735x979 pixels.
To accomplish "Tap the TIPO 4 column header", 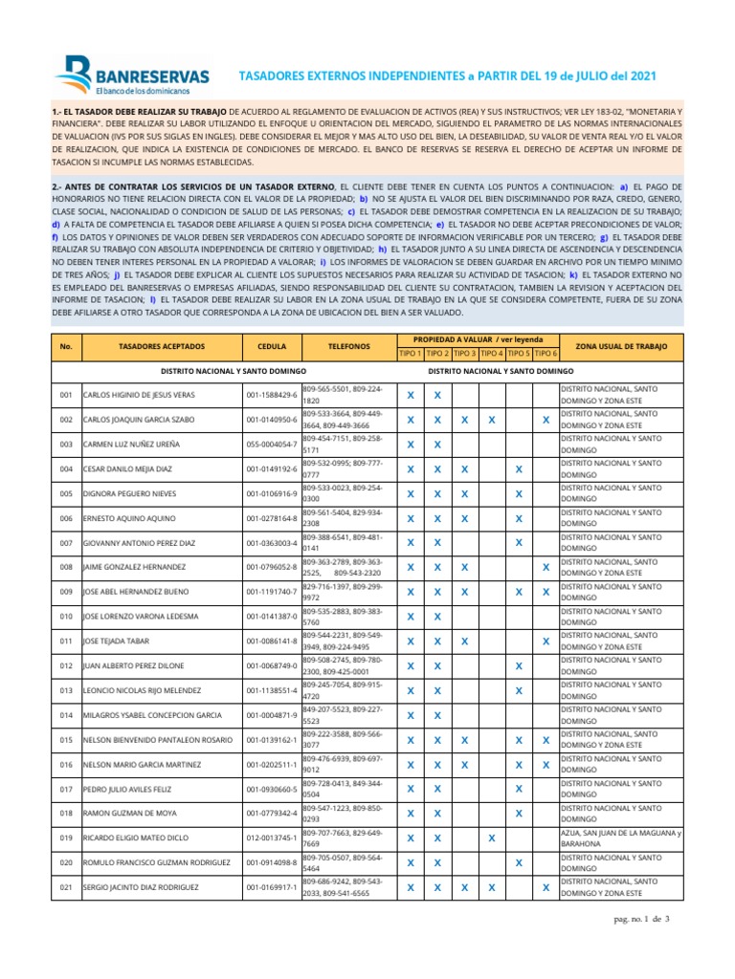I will [491, 354].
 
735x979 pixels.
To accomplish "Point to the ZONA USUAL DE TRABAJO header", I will [622, 346].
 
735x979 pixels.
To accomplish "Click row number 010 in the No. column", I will [66, 616].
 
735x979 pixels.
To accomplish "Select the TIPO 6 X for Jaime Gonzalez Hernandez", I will [546, 567].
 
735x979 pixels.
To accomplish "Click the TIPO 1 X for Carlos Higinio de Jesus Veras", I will [410, 395].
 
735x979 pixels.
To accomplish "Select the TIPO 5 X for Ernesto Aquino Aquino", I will [518, 518].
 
